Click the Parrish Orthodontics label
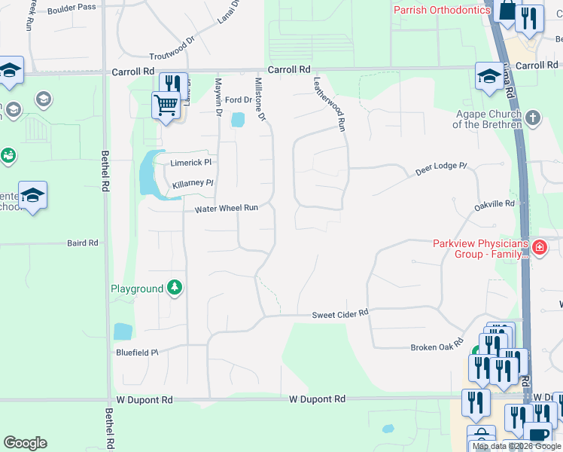pos(442,10)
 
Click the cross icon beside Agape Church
pos(532,118)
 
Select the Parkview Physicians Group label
pos(481,248)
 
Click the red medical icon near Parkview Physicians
pos(538,247)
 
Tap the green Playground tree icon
pos(175,288)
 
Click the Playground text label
pos(137,289)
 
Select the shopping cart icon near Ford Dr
pos(165,105)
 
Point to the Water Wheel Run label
pos(227,208)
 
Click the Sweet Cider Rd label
pos(340,313)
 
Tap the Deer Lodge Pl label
pos(441,169)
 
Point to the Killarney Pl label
pos(193,183)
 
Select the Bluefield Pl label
pos(136,352)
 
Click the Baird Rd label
pos(83,243)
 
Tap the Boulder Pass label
pos(75,7)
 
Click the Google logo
pos(25,443)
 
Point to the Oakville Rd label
pos(494,204)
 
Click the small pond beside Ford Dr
pos(239,119)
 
